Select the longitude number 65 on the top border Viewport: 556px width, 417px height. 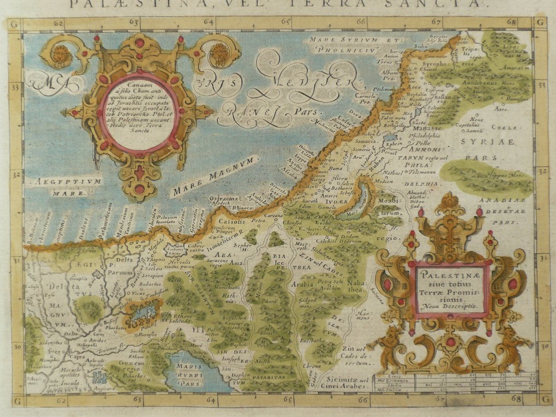click(x=286, y=22)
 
